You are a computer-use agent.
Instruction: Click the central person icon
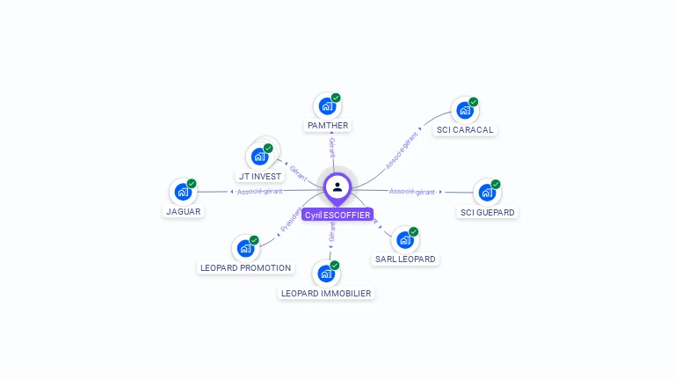click(337, 186)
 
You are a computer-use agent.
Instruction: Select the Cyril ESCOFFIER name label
click(337, 215)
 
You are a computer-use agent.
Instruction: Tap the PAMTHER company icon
click(327, 106)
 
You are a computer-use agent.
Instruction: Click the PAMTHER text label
click(328, 126)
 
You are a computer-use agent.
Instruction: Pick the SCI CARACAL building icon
click(464, 111)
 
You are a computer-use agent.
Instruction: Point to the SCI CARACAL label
click(466, 130)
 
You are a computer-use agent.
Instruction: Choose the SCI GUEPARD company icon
click(486, 193)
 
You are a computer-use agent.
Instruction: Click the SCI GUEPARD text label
click(488, 212)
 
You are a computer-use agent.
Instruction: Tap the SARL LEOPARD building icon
click(404, 239)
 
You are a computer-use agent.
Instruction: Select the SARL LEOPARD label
click(405, 259)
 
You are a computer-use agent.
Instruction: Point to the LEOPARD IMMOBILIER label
click(326, 293)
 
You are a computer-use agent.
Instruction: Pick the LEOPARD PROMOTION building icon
click(244, 248)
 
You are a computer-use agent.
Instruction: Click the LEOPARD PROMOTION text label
click(245, 267)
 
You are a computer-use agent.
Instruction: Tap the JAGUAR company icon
click(182, 192)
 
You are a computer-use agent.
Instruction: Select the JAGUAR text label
click(184, 211)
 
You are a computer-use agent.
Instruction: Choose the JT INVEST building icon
click(259, 157)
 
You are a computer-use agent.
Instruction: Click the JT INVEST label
click(260, 176)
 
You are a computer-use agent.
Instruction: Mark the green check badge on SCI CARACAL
click(474, 102)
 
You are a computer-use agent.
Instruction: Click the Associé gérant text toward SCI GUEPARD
click(412, 191)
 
